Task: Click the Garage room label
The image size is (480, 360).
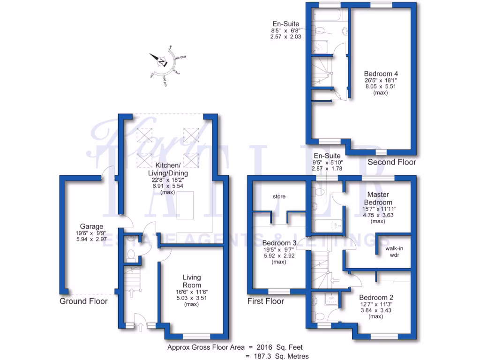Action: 91,226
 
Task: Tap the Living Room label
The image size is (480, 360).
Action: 192,281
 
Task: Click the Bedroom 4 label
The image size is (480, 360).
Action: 381,74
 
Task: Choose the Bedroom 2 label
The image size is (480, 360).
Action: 376,298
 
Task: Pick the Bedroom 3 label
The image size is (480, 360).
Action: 279,243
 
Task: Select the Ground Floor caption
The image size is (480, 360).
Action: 83,301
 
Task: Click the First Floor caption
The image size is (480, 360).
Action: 266,301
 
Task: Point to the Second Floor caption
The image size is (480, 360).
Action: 392,163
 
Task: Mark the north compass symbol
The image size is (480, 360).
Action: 162,61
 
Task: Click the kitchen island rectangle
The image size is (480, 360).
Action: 186,205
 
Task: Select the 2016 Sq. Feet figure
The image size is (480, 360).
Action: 279,348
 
